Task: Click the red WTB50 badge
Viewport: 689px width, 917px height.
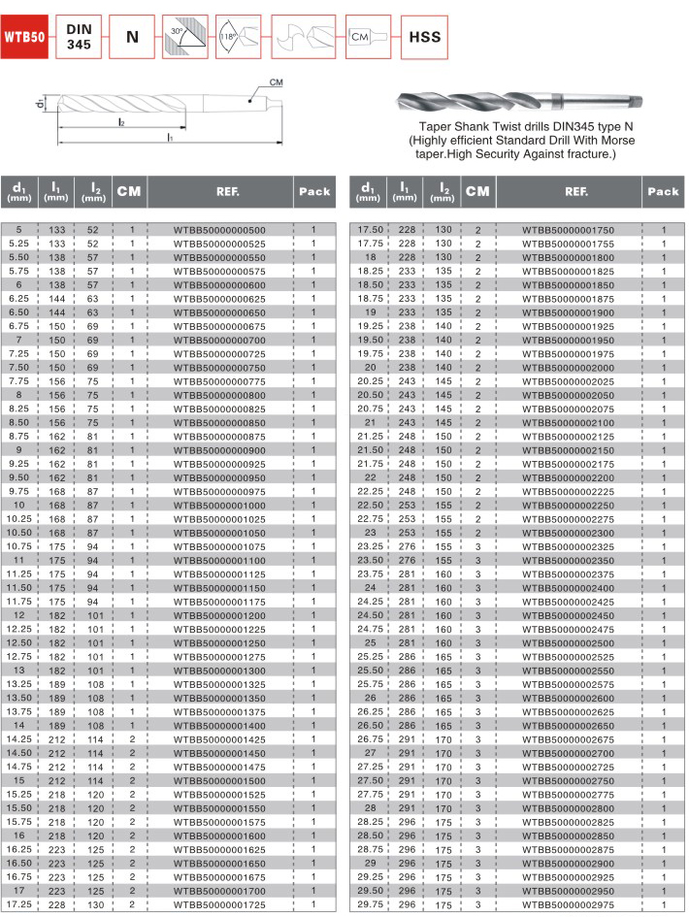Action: (x=24, y=38)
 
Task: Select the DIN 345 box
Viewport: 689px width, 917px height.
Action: (x=79, y=38)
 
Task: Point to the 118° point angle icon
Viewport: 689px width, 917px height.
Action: (x=240, y=38)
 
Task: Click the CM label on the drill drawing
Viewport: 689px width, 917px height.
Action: (x=275, y=82)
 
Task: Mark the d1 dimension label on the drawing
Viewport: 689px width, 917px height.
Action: (x=36, y=102)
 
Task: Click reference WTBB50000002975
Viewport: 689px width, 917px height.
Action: (x=568, y=904)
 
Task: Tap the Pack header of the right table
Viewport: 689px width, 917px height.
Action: (x=663, y=191)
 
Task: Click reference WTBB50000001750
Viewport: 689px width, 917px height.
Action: (x=568, y=229)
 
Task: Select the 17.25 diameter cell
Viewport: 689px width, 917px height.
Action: (x=20, y=904)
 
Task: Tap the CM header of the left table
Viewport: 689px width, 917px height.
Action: (x=129, y=191)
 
